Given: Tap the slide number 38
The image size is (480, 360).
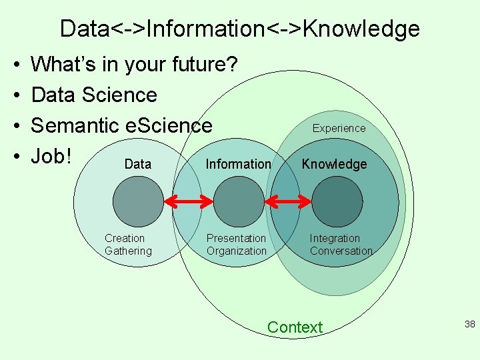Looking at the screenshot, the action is click(x=469, y=324).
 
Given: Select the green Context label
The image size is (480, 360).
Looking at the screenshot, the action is click(x=294, y=327).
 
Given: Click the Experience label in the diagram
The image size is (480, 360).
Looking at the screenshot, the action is click(x=339, y=128).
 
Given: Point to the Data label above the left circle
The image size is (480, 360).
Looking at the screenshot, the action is click(x=138, y=164).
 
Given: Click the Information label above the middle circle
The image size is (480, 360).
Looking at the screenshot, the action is click(x=238, y=164).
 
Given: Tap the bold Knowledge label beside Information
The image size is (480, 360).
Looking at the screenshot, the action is click(x=334, y=164).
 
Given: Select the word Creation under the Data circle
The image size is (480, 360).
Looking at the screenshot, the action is click(x=125, y=238).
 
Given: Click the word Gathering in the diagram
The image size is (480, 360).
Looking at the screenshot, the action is click(x=128, y=251).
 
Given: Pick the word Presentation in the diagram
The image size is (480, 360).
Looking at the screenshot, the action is click(x=236, y=238).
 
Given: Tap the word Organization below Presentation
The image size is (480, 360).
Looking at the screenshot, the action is click(x=236, y=251).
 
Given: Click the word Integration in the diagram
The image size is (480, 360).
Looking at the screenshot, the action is click(x=335, y=238).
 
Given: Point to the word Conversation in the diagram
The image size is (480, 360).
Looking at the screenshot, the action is click(x=341, y=251).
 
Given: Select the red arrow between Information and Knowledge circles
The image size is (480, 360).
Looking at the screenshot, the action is click(x=289, y=201).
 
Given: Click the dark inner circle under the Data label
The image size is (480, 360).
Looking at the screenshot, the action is click(x=138, y=201).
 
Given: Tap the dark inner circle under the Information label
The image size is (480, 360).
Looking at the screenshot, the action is click(x=238, y=201).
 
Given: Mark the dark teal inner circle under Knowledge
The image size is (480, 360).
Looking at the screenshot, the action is click(x=337, y=201).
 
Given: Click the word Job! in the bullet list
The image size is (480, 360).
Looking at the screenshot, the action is click(x=51, y=156).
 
